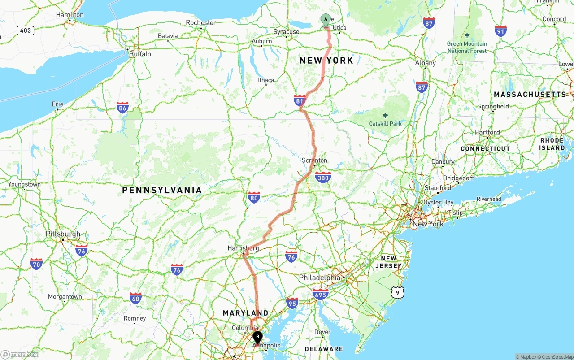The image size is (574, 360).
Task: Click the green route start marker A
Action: point(326,19)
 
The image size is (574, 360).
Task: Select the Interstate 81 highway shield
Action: point(300,100)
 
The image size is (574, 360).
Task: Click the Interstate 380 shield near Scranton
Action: point(323,178)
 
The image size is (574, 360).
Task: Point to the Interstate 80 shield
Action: point(254,197)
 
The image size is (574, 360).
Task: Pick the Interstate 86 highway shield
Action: point(122,108)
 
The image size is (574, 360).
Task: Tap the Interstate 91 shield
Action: point(501,30)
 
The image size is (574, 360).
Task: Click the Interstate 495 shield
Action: point(320,294)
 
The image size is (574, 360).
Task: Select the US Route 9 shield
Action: point(397,293)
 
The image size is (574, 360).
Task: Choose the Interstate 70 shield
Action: point(36,264)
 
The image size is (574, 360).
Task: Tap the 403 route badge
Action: point(26,30)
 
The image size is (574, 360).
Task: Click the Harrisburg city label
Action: point(243,248)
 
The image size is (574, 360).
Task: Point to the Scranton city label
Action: point(314,160)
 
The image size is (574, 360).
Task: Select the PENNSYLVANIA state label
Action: point(162,190)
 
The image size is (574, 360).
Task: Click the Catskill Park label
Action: point(385,123)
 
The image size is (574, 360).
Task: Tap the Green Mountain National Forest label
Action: point(467,47)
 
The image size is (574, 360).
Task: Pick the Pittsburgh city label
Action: point(63,234)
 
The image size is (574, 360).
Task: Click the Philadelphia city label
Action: point(320,278)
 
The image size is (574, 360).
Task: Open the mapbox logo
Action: point(20,354)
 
